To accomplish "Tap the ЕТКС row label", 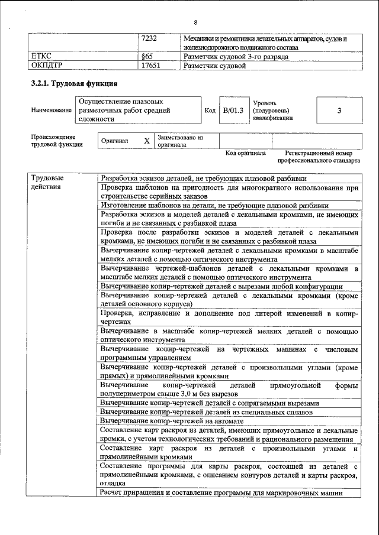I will [41, 57].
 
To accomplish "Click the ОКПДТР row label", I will [46, 66].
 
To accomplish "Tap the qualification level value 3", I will [339, 111].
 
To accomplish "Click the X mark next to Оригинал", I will [146, 141].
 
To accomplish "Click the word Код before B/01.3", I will [210, 111].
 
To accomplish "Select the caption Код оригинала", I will [246, 153].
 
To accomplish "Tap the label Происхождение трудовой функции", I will [56, 140].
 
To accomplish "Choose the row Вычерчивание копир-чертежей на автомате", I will [172, 421].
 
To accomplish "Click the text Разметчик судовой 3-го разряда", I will [236, 57].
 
